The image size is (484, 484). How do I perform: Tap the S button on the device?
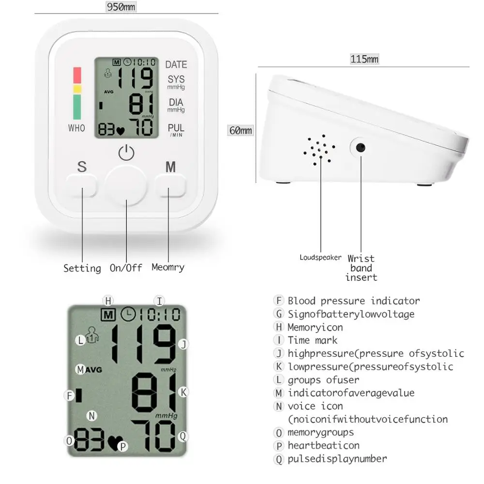[x=82, y=185]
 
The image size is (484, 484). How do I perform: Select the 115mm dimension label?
[x=364, y=59]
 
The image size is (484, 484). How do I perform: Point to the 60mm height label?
[x=241, y=131]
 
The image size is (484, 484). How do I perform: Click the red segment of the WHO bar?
[x=77, y=75]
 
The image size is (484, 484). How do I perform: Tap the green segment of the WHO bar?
[x=77, y=106]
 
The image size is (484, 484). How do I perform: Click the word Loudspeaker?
[x=320, y=257]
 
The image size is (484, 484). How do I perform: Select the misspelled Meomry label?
[x=168, y=267]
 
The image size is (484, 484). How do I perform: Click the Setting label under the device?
[x=82, y=268]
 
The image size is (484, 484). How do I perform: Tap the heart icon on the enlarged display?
[x=115, y=442]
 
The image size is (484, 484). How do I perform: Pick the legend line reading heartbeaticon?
[x=323, y=446]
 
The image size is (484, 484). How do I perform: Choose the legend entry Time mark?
[x=312, y=340]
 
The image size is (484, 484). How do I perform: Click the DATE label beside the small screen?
[x=176, y=64]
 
